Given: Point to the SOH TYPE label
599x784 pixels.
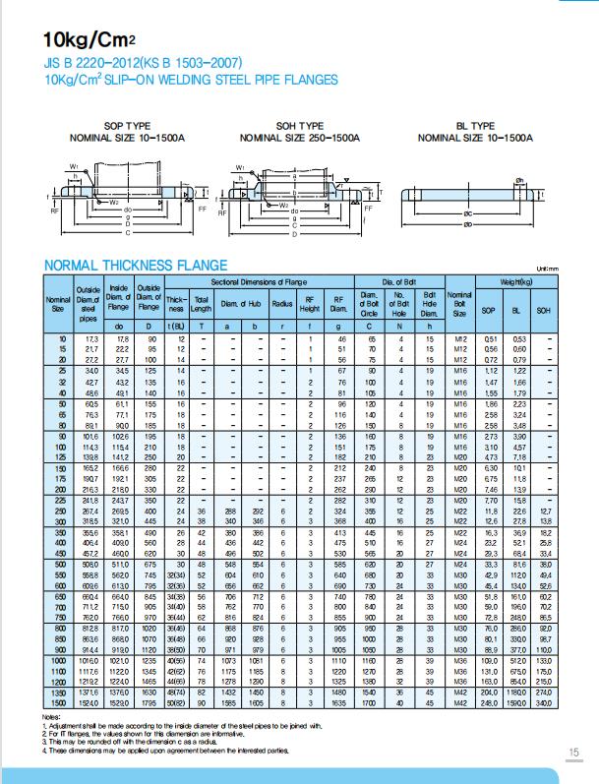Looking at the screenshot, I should click(299, 127).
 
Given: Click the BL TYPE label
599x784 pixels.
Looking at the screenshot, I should click(475, 127).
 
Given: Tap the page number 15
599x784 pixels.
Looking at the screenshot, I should click(573, 753).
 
